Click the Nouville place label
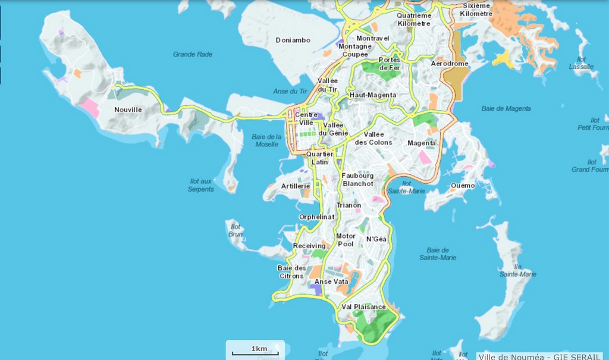(128, 109)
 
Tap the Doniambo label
(293, 40)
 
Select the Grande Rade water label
(193, 54)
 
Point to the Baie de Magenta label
(506, 108)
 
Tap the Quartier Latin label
(319, 158)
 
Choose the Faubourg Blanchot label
(358, 180)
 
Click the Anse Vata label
(331, 281)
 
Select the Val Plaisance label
(363, 307)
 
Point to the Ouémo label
(463, 186)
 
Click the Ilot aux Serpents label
(202, 185)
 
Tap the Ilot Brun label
(236, 230)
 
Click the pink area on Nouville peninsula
(90, 108)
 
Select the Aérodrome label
(450, 63)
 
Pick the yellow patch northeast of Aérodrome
(503, 59)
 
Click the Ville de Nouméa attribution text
(542, 356)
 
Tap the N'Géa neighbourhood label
(376, 239)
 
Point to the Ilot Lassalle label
(581, 62)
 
